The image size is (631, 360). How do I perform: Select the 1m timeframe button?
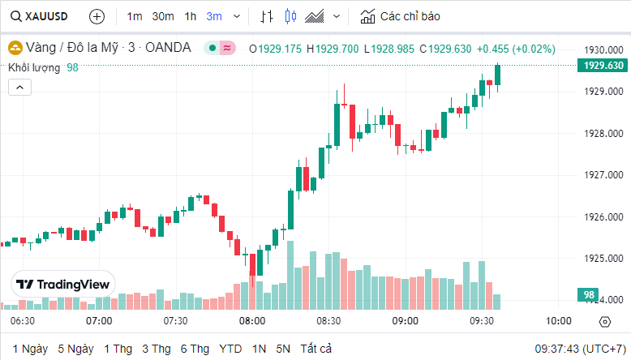tap(135, 16)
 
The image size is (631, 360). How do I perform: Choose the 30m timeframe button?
tap(163, 16)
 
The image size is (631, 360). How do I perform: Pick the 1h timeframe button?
tap(191, 16)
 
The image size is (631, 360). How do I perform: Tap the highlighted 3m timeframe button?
tap(214, 16)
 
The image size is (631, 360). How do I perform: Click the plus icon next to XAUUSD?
tap(97, 16)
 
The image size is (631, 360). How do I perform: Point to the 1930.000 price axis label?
tap(603, 49)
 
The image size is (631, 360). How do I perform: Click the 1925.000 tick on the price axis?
tap(603, 259)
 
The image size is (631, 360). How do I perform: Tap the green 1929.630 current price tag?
tap(603, 66)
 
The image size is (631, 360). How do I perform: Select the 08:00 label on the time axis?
tap(252, 321)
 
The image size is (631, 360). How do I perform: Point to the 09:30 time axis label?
tap(482, 321)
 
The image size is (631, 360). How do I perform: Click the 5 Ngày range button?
tap(75, 349)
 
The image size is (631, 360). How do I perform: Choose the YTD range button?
tap(230, 349)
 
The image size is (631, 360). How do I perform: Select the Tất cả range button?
tap(316, 349)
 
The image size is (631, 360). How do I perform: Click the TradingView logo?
tap(63, 285)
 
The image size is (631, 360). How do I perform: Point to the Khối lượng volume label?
tap(34, 67)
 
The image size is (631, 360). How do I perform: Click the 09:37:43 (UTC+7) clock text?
tap(578, 349)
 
